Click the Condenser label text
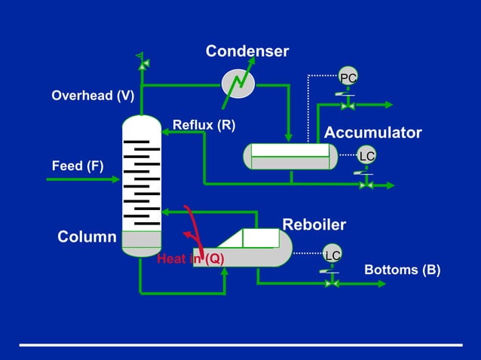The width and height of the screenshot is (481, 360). [247, 51]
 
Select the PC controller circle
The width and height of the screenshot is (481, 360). [348, 78]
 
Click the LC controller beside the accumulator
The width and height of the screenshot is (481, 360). [366, 155]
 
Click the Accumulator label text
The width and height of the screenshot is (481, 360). [372, 133]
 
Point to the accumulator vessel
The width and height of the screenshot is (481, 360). [290, 156]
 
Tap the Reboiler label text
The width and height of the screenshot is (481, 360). [314, 224]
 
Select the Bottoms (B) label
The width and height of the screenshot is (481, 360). [402, 270]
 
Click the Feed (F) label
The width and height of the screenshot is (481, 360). [78, 166]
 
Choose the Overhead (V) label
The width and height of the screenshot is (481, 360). [93, 96]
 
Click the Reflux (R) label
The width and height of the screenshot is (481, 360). [204, 124]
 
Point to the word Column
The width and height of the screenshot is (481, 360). [87, 237]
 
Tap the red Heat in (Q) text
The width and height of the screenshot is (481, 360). [191, 259]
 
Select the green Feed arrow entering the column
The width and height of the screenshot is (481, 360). [83, 179]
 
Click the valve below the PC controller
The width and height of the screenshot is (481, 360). [348, 105]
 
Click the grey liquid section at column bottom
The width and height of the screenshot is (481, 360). [142, 239]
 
